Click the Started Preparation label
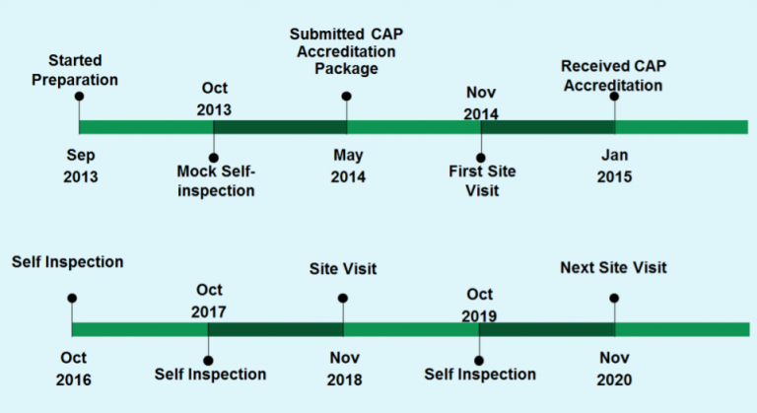pos(75,70)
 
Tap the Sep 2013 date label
pos(81,166)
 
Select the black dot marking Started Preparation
pos(79,97)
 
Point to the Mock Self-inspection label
pos(216,181)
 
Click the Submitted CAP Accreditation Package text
pos(346,51)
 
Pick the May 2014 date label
pos(348,166)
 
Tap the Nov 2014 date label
pos(481,103)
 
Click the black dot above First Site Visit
pos(481,158)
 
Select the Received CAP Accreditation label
pos(614,75)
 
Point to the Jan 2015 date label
pos(615,166)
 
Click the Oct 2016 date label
pos(73,369)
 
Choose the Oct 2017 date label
pos(209,301)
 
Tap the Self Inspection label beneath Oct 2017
pos(211,375)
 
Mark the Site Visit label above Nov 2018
pos(343,268)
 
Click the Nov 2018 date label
pos(345,369)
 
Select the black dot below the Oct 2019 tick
pos(479,361)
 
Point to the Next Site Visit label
pos(614,267)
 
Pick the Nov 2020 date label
pos(615,369)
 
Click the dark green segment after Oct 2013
pos(280,127)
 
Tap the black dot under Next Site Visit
pos(614,298)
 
